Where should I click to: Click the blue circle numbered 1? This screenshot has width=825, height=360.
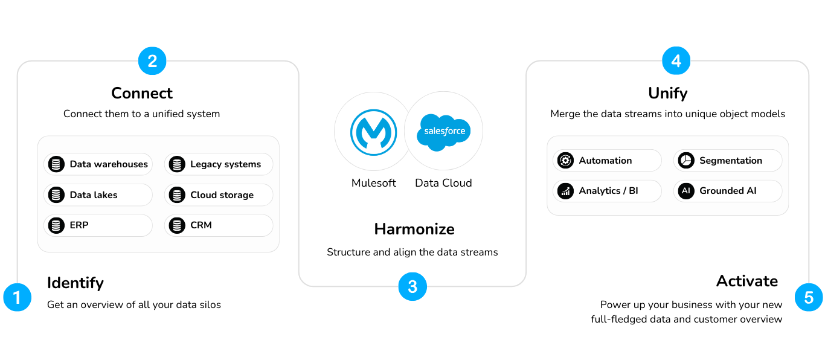click(x=17, y=297)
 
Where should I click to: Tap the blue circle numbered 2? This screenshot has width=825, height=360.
click(x=152, y=61)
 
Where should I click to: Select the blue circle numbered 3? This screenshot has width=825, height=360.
click(x=412, y=286)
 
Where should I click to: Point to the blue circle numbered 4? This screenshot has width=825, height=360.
click(x=676, y=61)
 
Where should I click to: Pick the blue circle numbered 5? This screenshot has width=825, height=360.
click(x=809, y=297)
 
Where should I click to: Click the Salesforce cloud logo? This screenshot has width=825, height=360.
click(x=444, y=130)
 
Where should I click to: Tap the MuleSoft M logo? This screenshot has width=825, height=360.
click(x=373, y=131)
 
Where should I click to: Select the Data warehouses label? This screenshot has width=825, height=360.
click(x=109, y=164)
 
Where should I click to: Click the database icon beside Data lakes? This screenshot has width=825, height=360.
click(x=56, y=195)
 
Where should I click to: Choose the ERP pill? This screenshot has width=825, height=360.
click(x=98, y=225)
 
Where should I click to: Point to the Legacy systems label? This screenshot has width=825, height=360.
click(x=225, y=164)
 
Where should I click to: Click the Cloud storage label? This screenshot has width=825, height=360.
click(x=222, y=195)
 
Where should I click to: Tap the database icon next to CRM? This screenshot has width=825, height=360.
click(x=177, y=225)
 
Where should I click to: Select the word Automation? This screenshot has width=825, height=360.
click(x=605, y=161)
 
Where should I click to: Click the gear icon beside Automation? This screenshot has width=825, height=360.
click(x=566, y=161)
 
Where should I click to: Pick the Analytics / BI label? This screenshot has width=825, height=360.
click(x=608, y=191)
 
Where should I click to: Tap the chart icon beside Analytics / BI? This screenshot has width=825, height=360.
click(x=566, y=191)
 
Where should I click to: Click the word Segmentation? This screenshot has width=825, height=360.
click(x=730, y=161)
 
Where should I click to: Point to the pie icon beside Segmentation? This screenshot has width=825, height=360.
click(x=686, y=161)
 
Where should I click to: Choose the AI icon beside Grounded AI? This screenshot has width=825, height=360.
click(x=686, y=191)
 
